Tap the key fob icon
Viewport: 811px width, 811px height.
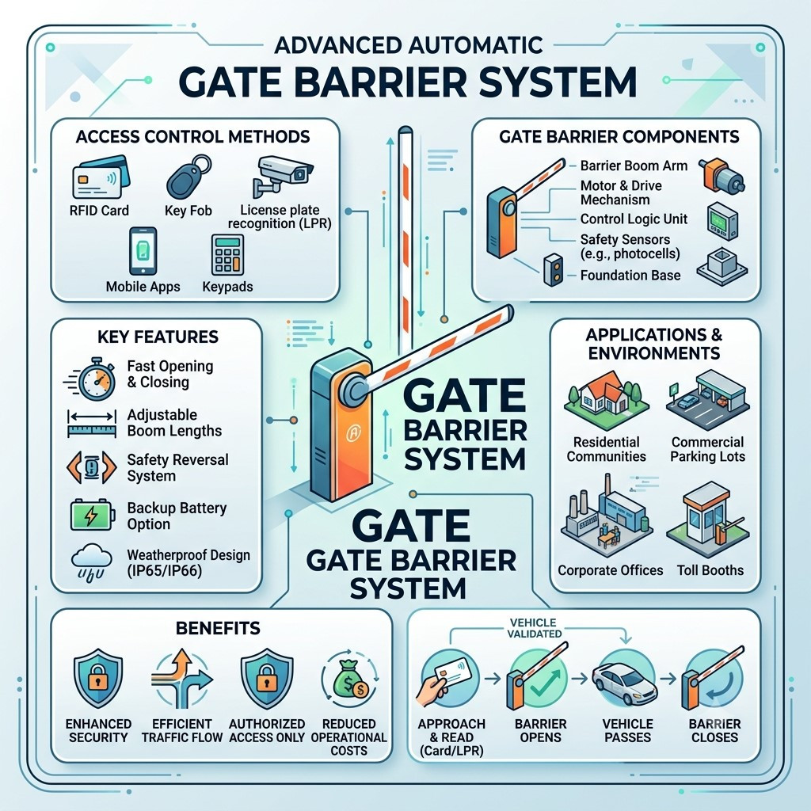[x=188, y=176]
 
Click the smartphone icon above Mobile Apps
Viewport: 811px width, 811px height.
[x=143, y=251]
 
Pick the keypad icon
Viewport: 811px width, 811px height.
[x=227, y=255]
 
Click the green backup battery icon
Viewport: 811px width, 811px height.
[x=92, y=515]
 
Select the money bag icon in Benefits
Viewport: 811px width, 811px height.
[x=349, y=679]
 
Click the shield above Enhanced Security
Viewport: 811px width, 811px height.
[x=98, y=680]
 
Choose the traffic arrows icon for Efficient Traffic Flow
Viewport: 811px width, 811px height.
[x=181, y=679]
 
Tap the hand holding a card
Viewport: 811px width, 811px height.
[x=442, y=680]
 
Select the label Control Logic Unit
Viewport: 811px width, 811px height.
[x=634, y=219]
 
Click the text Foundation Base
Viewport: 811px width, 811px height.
[x=630, y=275]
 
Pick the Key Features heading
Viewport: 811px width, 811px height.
[x=158, y=337]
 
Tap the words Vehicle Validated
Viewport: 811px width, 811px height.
[x=534, y=628]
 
